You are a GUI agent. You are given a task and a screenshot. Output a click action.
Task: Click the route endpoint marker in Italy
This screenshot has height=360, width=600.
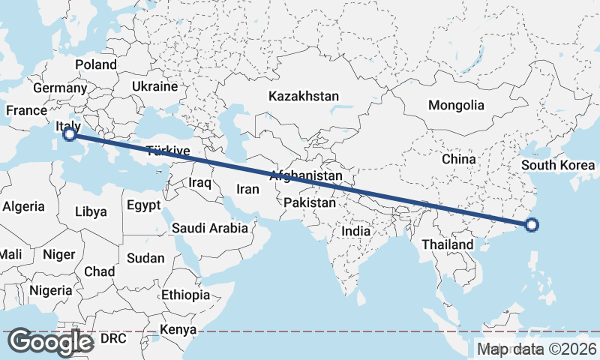click(70, 134)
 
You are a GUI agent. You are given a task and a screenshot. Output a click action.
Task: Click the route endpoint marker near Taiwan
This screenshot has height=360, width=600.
click(532, 224)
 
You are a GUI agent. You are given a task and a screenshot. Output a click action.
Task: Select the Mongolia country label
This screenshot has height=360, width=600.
click(456, 105)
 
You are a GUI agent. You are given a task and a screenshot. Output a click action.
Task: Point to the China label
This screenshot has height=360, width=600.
click(459, 159)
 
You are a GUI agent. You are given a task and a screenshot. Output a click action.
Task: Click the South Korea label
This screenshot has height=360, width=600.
click(558, 166)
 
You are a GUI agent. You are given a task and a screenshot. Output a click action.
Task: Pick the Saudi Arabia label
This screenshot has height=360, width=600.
click(210, 228)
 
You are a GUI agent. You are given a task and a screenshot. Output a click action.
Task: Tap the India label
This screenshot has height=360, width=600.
click(356, 232)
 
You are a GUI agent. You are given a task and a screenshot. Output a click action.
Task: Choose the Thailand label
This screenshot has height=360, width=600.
click(448, 244)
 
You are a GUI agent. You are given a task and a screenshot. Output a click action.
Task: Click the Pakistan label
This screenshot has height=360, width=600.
click(310, 203)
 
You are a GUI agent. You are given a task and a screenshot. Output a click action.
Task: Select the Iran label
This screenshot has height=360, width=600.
click(247, 190)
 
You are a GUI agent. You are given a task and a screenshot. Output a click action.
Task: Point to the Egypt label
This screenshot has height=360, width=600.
click(143, 205)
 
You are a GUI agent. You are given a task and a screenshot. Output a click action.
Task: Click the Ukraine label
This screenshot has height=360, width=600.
click(154, 87)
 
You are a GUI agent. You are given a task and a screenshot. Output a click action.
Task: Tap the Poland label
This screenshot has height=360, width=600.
click(96, 64)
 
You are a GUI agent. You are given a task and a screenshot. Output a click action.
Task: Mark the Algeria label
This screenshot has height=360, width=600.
click(24, 206)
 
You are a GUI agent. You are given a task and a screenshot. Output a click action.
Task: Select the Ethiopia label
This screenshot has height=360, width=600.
click(186, 295)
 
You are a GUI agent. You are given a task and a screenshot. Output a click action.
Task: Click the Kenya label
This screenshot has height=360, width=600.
click(178, 329)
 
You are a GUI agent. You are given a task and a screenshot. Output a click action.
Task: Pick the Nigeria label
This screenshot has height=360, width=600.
click(51, 290)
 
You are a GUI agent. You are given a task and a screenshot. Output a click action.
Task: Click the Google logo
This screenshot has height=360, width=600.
click(50, 342)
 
